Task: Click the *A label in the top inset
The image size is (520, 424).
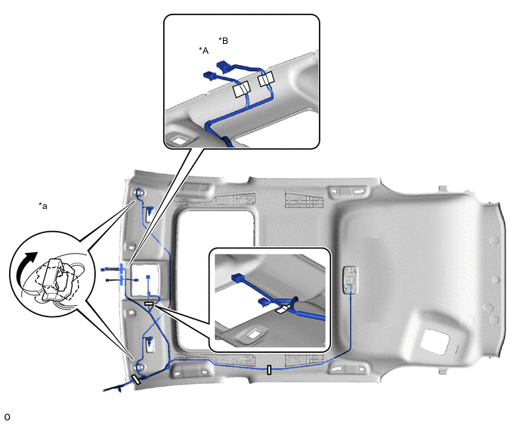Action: pos(203,50)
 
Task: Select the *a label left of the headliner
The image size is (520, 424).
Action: pos(43,205)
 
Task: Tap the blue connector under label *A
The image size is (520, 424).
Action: pos(209,75)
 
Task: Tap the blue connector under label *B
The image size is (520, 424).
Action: pos(224,67)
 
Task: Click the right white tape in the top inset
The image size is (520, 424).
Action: pos(267,80)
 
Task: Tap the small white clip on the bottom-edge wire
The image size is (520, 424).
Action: pos(269,370)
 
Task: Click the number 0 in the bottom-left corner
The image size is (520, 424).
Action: pos(7,417)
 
